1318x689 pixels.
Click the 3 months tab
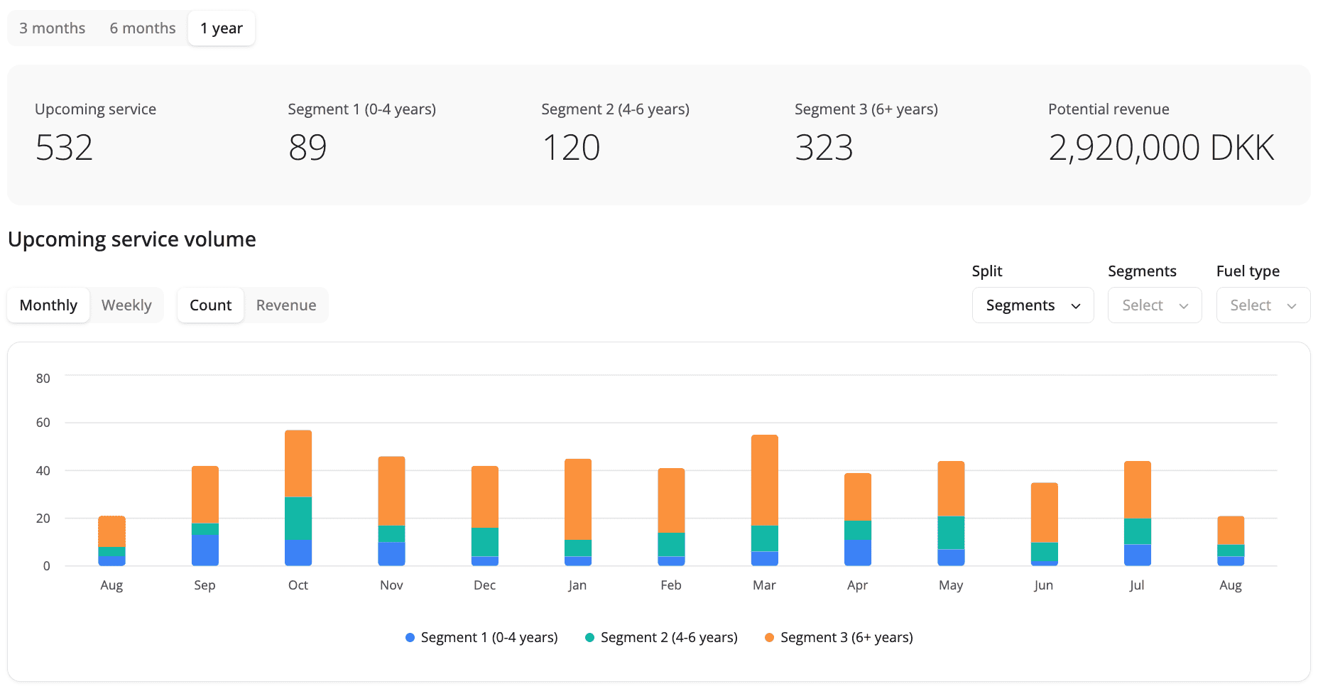click(52, 28)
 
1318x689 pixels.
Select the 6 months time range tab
click(143, 28)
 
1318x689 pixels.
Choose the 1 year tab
click(222, 28)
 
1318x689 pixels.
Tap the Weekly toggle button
click(126, 305)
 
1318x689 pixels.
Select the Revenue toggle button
click(286, 305)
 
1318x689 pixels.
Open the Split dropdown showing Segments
click(1033, 305)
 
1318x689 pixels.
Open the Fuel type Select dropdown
click(1263, 305)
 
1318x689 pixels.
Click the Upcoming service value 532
click(64, 148)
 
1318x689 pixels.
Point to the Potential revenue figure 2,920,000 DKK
click(1161, 148)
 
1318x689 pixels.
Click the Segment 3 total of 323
click(824, 148)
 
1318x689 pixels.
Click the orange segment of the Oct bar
click(298, 464)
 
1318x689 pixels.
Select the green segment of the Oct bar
click(298, 519)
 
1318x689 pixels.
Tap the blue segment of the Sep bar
click(205, 550)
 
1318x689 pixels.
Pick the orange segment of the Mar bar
click(765, 480)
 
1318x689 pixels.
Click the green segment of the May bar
click(952, 533)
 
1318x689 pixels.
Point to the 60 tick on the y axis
click(43, 423)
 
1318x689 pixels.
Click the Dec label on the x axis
click(485, 585)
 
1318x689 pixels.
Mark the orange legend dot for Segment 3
click(769, 638)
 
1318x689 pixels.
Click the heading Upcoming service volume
click(132, 239)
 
